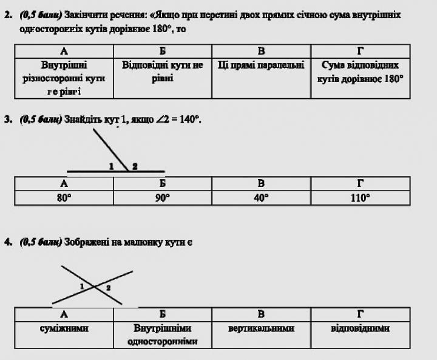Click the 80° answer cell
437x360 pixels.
click(x=64, y=197)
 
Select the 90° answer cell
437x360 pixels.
click(x=162, y=197)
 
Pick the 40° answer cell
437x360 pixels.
click(x=261, y=197)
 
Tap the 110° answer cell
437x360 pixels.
click(x=360, y=197)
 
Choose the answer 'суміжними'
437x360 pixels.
click(x=64, y=328)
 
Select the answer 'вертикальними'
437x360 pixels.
click(x=261, y=328)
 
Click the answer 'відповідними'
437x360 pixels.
click(x=360, y=328)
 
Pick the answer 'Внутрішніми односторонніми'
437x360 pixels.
click(x=162, y=335)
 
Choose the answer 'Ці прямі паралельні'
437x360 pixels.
click(x=261, y=64)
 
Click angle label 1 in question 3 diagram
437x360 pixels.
click(x=112, y=166)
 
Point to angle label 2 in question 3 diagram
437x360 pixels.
click(x=134, y=166)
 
